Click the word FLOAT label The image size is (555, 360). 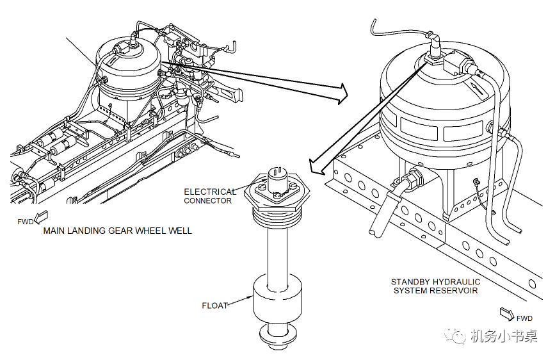tap(215, 306)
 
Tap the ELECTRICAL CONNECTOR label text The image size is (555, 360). tap(209, 196)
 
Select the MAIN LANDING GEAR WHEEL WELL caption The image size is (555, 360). tap(117, 231)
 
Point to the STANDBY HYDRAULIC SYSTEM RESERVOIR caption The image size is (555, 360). tap(435, 286)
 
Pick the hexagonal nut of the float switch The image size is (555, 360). tap(276, 192)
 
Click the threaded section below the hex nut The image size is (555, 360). tap(276, 221)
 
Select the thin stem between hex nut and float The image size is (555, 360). tap(277, 256)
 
